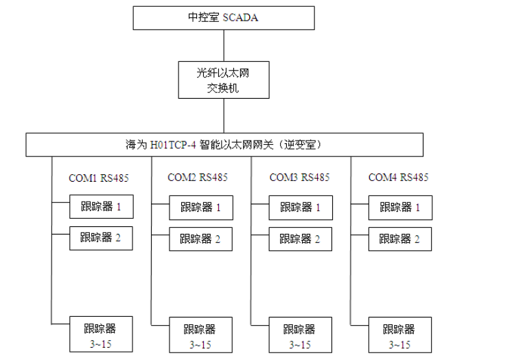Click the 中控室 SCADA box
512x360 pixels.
224,18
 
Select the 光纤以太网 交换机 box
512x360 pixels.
224,80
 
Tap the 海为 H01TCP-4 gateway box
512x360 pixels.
224,145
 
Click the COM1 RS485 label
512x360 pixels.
99,178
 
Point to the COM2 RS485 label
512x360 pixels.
198,178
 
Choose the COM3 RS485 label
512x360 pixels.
299,178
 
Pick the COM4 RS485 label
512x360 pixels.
399,178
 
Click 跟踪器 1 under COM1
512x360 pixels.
102,206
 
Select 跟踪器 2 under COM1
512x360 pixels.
102,238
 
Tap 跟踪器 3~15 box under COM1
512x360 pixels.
102,335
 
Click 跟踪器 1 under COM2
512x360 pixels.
201,207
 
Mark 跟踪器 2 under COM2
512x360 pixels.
201,239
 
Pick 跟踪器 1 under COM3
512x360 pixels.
300,207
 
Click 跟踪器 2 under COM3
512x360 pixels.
300,239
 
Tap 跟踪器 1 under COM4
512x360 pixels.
400,207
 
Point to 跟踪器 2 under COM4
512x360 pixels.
400,239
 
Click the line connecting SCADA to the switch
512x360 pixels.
224,45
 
